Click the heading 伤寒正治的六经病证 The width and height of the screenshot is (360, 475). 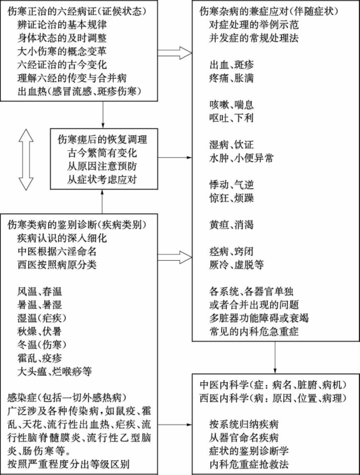[x=54, y=11]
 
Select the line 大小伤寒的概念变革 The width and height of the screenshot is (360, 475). [x=62, y=51]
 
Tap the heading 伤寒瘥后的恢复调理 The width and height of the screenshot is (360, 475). [x=102, y=140]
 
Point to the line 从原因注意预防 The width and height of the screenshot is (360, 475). [x=102, y=166]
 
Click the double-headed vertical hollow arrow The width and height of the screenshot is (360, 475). [x=26, y=160]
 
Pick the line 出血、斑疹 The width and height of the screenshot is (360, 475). [x=232, y=65]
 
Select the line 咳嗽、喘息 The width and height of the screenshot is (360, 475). [x=232, y=105]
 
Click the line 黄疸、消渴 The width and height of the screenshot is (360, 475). [x=232, y=225]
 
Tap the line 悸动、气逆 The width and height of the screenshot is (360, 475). [x=232, y=185]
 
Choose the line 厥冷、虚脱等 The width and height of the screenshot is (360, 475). [x=236, y=265]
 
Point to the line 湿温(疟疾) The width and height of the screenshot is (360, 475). [x=42, y=318]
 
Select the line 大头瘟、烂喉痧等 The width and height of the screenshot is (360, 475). [x=54, y=371]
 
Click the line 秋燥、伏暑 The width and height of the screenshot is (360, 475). [x=40, y=332]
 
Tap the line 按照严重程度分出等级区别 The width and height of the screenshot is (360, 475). [x=68, y=464]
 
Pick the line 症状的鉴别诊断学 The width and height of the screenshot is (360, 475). [x=249, y=451]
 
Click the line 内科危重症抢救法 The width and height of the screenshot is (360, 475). [x=249, y=464]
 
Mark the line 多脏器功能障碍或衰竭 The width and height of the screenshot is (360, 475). [x=259, y=318]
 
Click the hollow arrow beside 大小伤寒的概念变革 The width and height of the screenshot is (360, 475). [x=175, y=53]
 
